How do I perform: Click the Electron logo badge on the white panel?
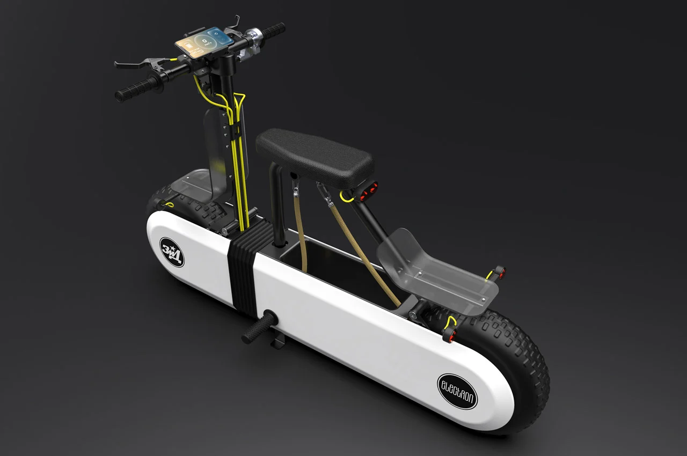pyautogui.click(x=458, y=391)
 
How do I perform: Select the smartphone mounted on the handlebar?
pyautogui.click(x=204, y=41)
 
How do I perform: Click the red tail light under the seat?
pyautogui.click(x=369, y=189)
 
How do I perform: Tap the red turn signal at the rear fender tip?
pyautogui.click(x=499, y=273)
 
